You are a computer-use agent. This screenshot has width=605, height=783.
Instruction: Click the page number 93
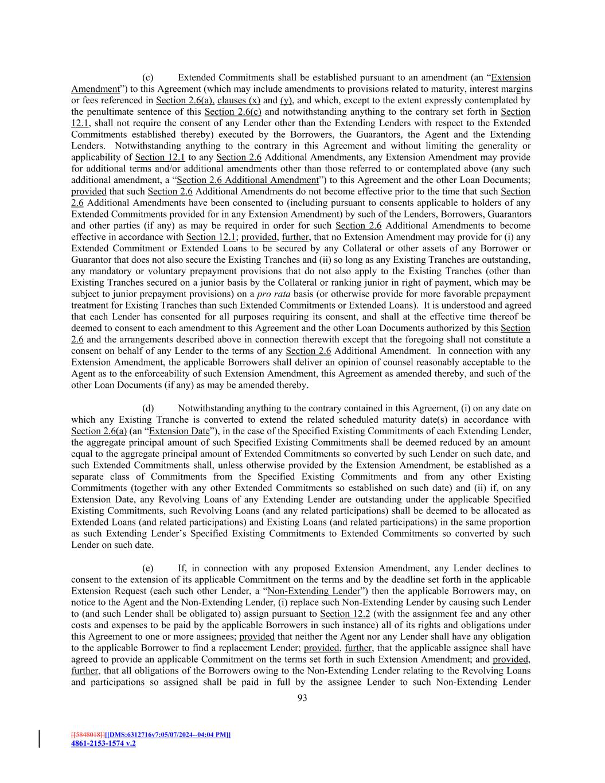click(302, 698)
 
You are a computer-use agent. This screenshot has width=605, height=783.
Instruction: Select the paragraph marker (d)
click(148, 408)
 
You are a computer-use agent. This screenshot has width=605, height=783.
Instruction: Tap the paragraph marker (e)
click(148, 568)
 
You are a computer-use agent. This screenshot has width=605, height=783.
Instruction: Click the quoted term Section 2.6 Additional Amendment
click(247, 180)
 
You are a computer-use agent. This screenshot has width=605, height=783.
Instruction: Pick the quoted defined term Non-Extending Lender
click(313, 591)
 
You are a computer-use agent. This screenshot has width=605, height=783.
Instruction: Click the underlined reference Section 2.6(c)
click(233, 112)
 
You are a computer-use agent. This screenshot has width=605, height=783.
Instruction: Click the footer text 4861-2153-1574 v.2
click(103, 743)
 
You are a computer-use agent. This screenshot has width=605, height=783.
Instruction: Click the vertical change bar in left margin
click(40, 739)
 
